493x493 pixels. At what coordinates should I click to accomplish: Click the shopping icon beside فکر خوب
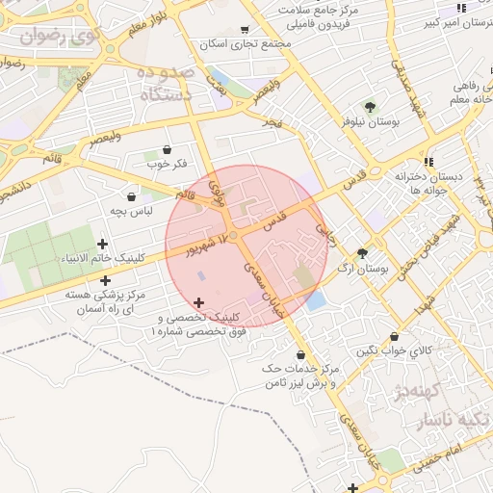(169, 149)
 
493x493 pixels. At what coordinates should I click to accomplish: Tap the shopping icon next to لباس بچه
(131, 197)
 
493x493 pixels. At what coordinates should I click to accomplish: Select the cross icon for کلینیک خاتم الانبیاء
(103, 244)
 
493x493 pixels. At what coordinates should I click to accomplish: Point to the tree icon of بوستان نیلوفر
(369, 106)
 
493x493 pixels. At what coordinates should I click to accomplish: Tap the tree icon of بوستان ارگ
(362, 254)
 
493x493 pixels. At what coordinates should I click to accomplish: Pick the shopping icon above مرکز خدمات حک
(301, 354)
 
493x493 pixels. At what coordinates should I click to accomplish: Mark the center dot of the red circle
(232, 234)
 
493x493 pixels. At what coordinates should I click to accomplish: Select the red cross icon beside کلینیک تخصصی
(199, 303)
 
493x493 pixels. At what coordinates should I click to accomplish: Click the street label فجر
(272, 123)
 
